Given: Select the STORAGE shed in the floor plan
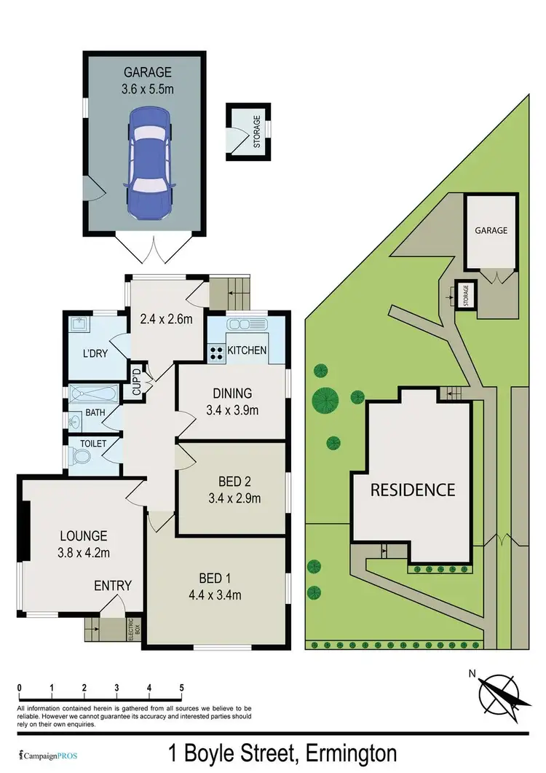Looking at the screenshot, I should point(249,130).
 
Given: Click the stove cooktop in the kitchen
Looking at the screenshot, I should point(216,353).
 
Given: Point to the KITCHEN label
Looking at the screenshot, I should point(247,350).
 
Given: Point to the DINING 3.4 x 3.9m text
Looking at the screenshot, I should point(233,401).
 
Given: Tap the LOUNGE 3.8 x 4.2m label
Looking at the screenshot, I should point(84,543).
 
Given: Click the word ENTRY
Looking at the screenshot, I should point(113,585).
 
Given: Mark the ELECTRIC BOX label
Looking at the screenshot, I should point(132,629).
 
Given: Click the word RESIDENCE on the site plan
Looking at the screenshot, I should point(413,490).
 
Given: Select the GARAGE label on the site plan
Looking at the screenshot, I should point(491,229).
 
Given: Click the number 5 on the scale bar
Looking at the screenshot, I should point(181,688).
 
